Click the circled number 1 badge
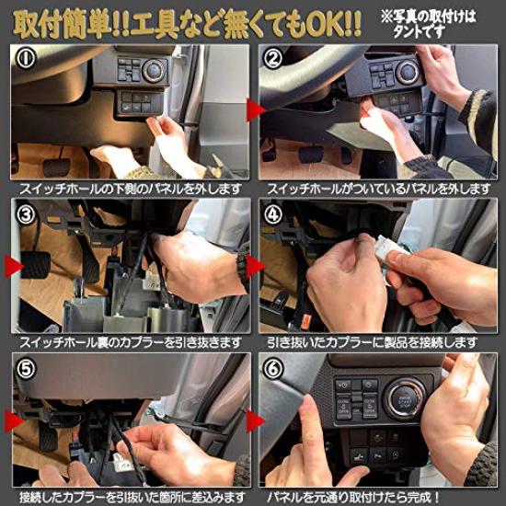click(26, 58)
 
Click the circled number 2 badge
click(272, 58)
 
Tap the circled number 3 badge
click(26, 214)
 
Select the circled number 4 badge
click(272, 214)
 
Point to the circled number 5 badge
click(26, 369)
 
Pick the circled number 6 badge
click(272, 369)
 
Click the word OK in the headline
click(324, 25)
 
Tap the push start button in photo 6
click(405, 399)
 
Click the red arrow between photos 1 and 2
click(255, 109)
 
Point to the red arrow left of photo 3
click(13, 266)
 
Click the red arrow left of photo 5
click(13, 420)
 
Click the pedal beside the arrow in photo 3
click(36, 265)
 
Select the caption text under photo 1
click(131, 189)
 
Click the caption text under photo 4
click(372, 343)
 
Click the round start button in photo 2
click(408, 72)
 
